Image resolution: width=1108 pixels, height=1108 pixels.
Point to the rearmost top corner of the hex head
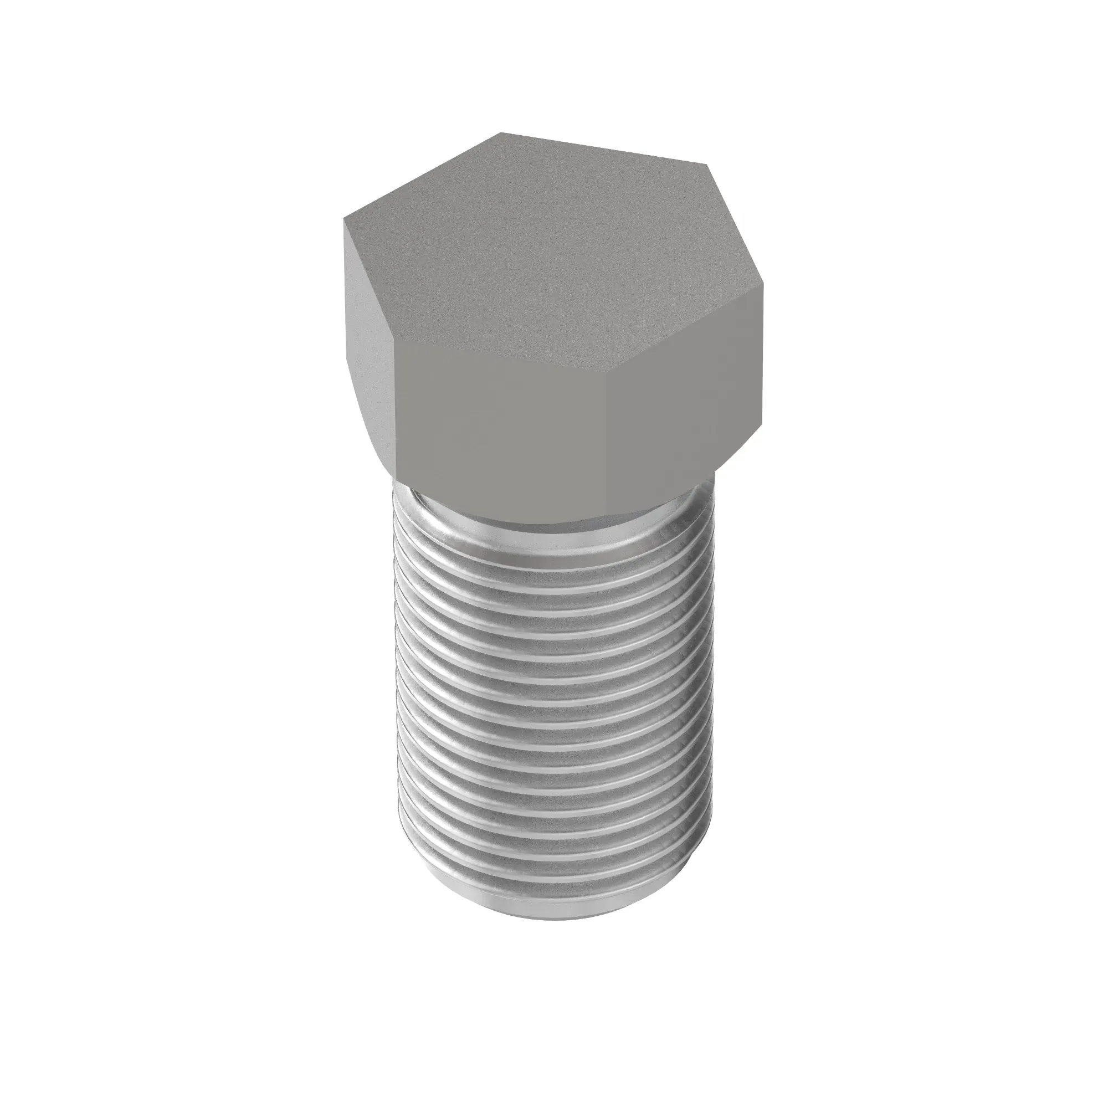click(501, 133)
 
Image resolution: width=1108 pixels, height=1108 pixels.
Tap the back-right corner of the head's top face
click(706, 166)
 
